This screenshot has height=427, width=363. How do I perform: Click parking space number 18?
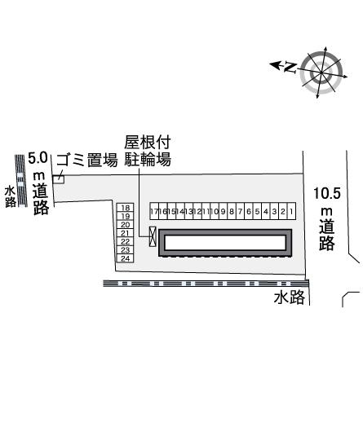pos(125,208)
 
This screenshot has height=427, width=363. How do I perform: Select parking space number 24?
pos(125,258)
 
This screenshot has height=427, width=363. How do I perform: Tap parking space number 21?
pos(125,233)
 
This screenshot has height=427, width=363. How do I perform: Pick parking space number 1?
pos(291,211)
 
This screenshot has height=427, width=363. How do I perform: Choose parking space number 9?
pos(224,211)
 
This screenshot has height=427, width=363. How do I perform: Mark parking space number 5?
pos(257,211)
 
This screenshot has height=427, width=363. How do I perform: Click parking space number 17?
pos(154,211)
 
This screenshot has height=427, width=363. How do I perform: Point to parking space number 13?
pos(189,211)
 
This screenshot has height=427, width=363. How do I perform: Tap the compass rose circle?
pos(321,73)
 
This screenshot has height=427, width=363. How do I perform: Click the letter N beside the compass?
pos(290,67)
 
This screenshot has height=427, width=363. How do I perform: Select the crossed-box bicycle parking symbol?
pos(153,236)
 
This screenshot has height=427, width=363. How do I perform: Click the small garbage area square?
pos(59,179)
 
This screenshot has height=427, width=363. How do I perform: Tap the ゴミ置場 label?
pos(87,160)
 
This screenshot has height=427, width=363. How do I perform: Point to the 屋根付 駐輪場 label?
pos(148,150)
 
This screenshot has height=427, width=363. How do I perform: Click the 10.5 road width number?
pos(327,193)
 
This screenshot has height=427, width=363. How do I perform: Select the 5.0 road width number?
pos(38,158)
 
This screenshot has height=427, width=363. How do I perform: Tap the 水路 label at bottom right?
pos(290,297)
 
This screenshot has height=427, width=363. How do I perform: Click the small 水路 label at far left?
pos(11,196)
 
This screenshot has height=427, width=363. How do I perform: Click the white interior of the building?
pos(225,243)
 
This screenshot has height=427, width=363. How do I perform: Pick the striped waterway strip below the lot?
pos(206,284)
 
